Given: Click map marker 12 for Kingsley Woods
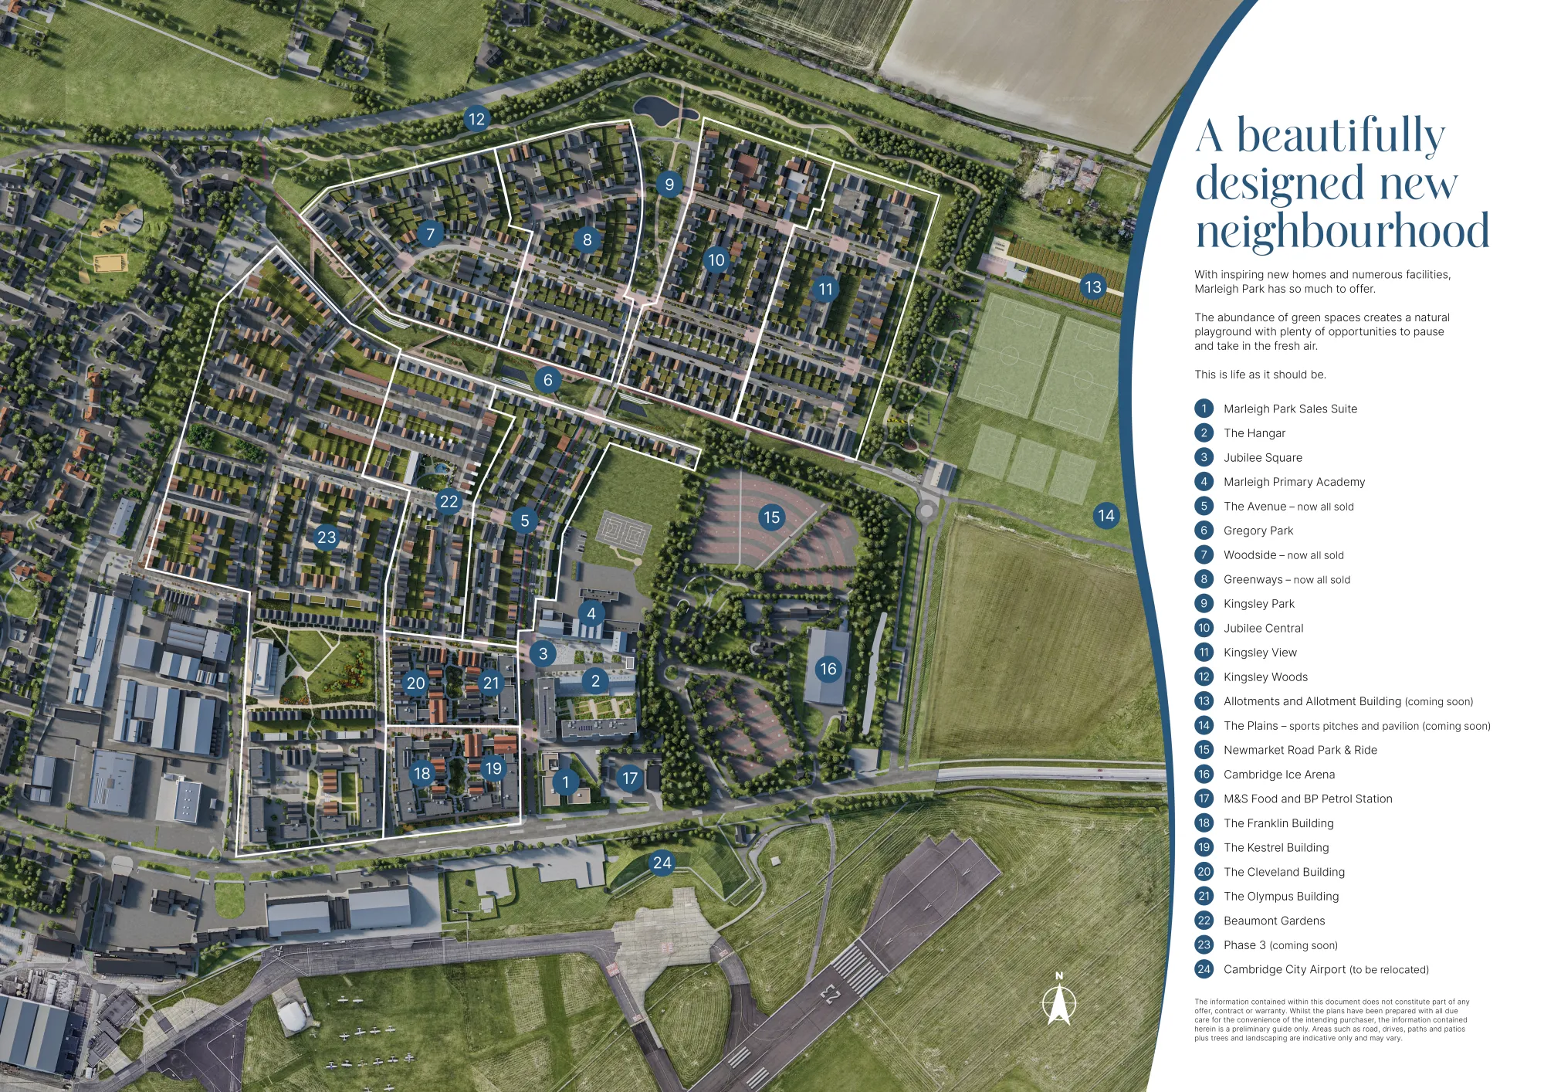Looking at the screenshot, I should pos(476,119).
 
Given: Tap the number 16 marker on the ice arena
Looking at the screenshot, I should pos(828,669).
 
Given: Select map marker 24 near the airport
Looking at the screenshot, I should pos(662,863).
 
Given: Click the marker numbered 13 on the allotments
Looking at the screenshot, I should pos(1092,287).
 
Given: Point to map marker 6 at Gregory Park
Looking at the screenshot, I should pos(547,379).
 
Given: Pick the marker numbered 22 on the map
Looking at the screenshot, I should pos(449,501).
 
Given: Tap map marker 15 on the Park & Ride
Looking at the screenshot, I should pos(771,517).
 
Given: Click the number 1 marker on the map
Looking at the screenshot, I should pos(565,782).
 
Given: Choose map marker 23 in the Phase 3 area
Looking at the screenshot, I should pos(327,537).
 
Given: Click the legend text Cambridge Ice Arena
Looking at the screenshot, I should pos(1278,775).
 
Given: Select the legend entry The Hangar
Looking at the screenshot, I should pos(1254,433).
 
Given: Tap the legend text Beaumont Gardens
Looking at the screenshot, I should pos(1274,921).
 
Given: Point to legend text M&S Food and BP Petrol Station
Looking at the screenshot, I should pos(1308,799).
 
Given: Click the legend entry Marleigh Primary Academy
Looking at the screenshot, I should pos(1294,482).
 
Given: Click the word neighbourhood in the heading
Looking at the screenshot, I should pos(1343,231).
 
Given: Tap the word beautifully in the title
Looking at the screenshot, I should pos(1341,137).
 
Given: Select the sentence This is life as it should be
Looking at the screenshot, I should pos(1260,375).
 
